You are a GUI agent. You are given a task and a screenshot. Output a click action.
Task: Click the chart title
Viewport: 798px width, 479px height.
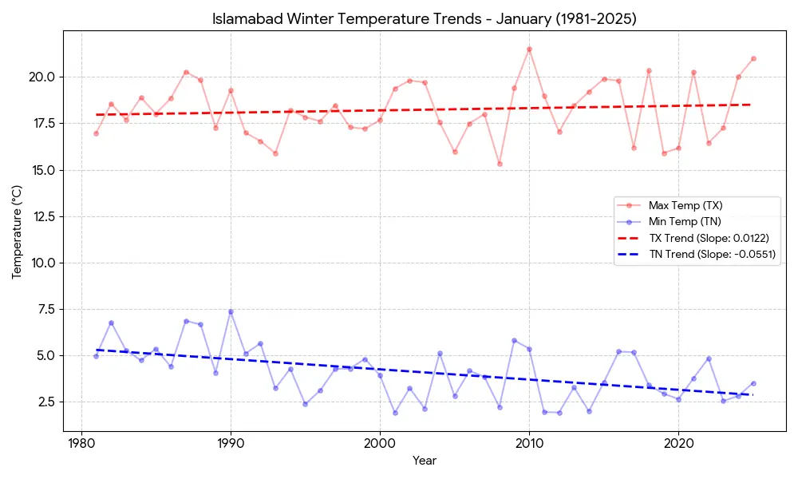click(424, 18)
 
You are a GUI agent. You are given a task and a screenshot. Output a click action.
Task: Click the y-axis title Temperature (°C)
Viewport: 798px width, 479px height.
click(17, 232)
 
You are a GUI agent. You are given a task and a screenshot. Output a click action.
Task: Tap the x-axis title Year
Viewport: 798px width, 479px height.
click(424, 461)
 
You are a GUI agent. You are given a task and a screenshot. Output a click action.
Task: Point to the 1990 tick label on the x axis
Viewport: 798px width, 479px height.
click(231, 444)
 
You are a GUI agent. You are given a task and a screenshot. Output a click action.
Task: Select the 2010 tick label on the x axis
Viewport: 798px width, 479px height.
click(529, 444)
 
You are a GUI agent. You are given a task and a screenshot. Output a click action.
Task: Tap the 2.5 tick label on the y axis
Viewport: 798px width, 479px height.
click(45, 402)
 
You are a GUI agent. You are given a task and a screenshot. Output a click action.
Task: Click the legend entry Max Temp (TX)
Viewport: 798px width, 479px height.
click(685, 206)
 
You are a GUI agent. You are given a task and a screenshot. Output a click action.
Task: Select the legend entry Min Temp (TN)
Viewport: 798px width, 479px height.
click(684, 222)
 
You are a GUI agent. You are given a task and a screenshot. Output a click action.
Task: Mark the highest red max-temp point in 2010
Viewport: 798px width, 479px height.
click(529, 49)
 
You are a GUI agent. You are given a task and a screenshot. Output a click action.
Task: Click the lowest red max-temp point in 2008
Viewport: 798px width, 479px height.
click(500, 164)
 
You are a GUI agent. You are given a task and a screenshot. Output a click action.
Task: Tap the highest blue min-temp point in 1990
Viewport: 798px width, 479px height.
click(231, 311)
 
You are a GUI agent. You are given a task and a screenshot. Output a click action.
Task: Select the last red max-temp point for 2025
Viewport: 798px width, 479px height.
click(753, 58)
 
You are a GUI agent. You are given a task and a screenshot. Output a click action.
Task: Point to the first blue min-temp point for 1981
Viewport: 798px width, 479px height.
click(96, 356)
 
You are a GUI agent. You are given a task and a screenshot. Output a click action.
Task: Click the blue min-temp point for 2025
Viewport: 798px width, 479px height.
click(753, 383)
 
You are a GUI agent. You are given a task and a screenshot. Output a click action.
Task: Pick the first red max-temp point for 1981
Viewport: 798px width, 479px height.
click(96, 133)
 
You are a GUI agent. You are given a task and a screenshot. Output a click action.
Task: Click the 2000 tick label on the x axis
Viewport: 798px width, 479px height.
click(380, 444)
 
